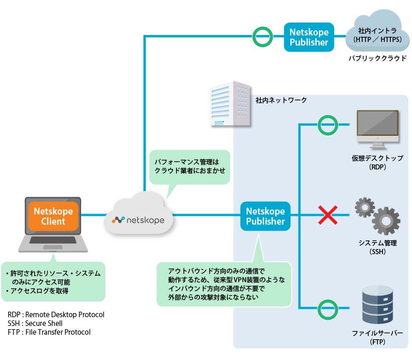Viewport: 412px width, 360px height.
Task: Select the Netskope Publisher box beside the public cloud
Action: click(x=308, y=37)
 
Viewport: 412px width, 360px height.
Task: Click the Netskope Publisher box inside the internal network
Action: click(x=265, y=216)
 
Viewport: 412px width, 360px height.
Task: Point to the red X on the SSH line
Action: click(x=328, y=215)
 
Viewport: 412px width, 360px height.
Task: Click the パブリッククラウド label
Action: click(x=377, y=58)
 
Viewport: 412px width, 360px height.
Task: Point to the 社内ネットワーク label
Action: click(x=281, y=99)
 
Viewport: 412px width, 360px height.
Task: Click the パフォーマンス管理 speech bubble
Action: click(x=191, y=167)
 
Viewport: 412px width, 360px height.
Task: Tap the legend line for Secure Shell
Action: click(x=35, y=323)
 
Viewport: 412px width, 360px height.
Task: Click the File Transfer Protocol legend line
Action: click(x=49, y=332)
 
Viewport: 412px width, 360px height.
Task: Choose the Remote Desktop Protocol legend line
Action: click(x=56, y=314)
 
